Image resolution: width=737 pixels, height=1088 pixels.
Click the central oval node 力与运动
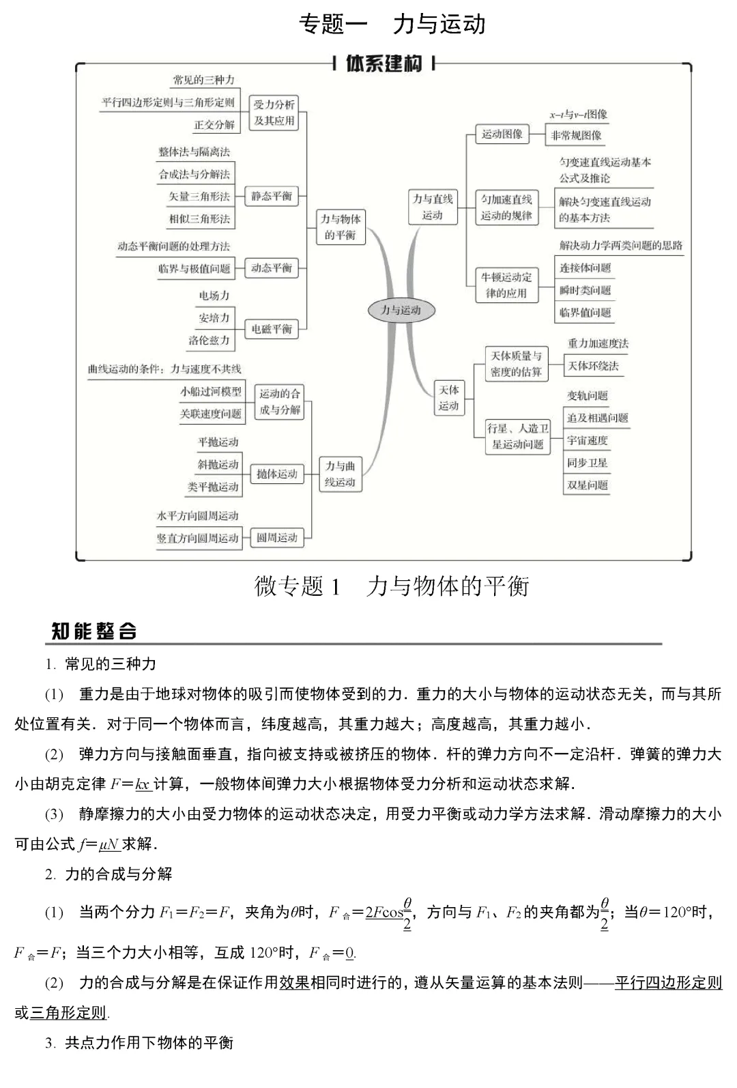click(401, 310)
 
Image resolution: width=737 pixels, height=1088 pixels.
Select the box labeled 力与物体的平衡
click(341, 227)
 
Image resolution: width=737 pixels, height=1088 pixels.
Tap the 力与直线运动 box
click(433, 207)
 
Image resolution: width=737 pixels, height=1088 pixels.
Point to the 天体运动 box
click(448, 398)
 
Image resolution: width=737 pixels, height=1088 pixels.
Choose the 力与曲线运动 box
click(340, 474)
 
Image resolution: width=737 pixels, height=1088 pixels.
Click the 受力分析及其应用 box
click(274, 113)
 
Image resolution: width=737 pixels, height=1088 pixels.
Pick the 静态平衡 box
click(272, 197)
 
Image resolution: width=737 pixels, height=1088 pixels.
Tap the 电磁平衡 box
click(272, 329)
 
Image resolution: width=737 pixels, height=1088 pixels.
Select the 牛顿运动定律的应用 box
click(506, 285)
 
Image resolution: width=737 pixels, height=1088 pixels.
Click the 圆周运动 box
click(276, 538)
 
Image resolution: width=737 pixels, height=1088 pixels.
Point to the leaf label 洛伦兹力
click(209, 340)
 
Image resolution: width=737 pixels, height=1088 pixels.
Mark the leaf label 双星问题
click(587, 485)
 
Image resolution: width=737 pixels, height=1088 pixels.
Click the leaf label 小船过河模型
click(211, 392)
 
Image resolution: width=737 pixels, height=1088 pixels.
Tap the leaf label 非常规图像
click(577, 135)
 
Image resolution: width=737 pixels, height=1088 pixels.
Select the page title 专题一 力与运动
click(392, 25)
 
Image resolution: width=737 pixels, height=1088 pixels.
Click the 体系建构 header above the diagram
click(384, 64)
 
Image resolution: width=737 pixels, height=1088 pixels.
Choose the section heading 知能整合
click(94, 631)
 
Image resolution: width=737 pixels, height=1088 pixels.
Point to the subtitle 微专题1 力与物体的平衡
click(392, 586)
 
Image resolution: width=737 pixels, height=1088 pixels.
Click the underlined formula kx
click(143, 784)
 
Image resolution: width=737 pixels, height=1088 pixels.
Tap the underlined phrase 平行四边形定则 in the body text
click(668, 983)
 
